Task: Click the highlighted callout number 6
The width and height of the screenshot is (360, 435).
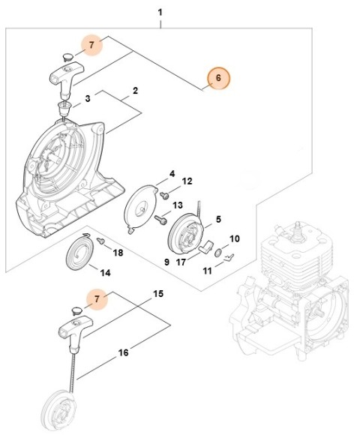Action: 217,79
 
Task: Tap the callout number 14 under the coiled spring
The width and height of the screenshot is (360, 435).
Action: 106,272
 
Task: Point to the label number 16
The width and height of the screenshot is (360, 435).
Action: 122,351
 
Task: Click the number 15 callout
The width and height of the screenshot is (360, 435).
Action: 158,294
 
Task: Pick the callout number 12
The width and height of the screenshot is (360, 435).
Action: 187,181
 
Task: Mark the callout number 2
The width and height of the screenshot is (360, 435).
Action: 135,91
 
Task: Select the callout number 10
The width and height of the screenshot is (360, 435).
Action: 234,239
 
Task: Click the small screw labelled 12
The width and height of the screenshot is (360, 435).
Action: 161,194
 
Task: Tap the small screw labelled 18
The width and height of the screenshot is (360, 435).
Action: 101,242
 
